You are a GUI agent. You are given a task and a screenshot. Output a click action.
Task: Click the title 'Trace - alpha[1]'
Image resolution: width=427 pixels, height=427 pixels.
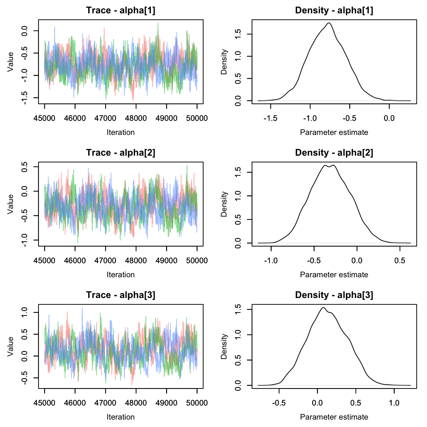(x=120, y=10)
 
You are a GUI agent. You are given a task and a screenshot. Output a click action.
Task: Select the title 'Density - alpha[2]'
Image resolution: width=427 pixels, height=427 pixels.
(x=334, y=153)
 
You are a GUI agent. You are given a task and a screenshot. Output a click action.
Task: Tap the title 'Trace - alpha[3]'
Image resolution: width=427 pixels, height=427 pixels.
(x=120, y=295)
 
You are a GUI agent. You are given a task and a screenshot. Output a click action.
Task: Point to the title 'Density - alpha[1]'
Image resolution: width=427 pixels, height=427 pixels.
(x=334, y=10)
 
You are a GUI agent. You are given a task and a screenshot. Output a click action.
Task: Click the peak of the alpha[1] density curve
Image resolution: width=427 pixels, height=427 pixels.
(x=329, y=23)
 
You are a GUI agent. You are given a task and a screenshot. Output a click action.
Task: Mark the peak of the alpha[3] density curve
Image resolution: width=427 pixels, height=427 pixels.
(x=323, y=308)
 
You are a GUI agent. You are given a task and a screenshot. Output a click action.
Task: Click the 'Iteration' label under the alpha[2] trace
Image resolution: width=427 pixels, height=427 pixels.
(x=120, y=275)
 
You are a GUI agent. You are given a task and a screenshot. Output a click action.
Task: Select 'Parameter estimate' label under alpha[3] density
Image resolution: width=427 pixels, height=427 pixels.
(x=334, y=417)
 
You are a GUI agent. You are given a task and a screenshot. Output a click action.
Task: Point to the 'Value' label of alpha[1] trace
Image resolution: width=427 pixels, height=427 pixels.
(x=10, y=62)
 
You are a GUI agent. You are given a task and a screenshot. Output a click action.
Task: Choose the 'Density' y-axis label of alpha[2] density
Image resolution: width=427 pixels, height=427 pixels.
(x=224, y=204)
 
